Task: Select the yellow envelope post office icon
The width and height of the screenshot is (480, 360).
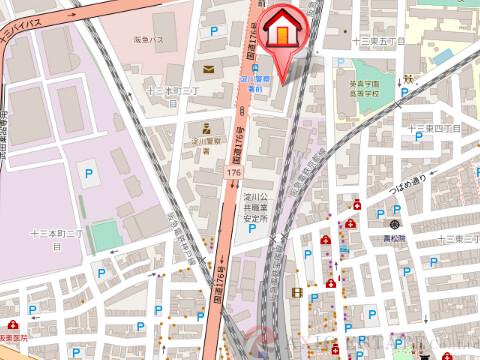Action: (208, 69)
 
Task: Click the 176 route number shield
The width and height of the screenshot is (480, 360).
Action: (232, 174)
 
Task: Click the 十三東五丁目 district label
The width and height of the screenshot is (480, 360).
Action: (377, 41)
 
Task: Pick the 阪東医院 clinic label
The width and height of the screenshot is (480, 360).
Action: (14, 337)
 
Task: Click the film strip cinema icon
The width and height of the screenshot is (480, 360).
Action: (297, 292)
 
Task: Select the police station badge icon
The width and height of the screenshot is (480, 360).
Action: (203, 128)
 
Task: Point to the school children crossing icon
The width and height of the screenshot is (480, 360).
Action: (410, 78)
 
